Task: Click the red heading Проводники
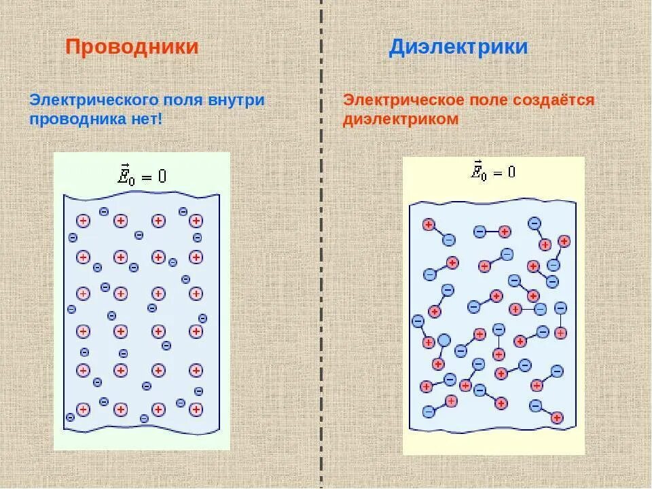point(132,47)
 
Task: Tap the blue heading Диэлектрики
point(458,47)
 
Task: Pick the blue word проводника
point(76,119)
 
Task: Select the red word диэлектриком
point(401,119)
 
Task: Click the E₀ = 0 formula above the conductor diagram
point(142,175)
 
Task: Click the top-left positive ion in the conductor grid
point(83,221)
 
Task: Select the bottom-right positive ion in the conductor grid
point(196,410)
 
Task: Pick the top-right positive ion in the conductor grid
point(196,221)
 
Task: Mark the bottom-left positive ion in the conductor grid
point(83,410)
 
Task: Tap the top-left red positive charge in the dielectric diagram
point(429,225)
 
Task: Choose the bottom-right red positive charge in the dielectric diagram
point(557,418)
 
